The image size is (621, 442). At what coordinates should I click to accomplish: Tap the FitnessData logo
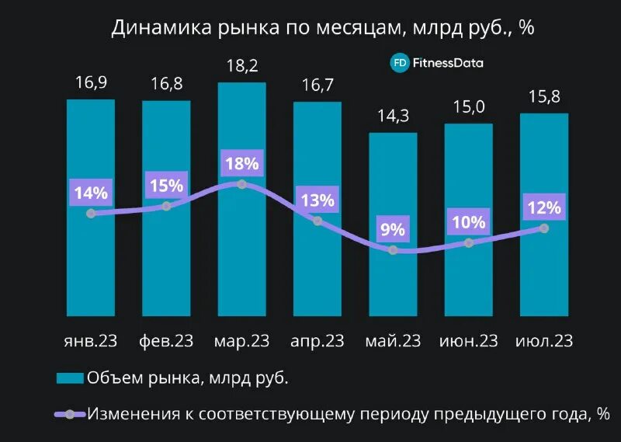click(x=436, y=63)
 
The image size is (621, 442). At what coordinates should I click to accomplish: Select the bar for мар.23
click(x=242, y=256)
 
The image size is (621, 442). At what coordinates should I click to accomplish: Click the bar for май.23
click(x=393, y=287)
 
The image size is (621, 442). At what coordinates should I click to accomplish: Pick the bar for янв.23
click(x=91, y=264)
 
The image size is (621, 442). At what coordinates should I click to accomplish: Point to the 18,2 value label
click(x=242, y=67)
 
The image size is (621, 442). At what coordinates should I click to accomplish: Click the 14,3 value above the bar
click(x=393, y=117)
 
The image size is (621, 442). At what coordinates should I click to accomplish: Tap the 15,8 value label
click(x=544, y=98)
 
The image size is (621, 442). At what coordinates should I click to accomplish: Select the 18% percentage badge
click(x=242, y=164)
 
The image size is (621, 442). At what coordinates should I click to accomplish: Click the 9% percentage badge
click(x=393, y=229)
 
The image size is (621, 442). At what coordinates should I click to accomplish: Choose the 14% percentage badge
click(x=91, y=193)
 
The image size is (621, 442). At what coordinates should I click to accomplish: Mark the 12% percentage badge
click(x=544, y=207)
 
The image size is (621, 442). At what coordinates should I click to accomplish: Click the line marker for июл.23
click(x=544, y=228)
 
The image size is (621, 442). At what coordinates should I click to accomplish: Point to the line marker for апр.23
click(x=317, y=221)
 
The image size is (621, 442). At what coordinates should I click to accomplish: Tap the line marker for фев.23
click(x=166, y=206)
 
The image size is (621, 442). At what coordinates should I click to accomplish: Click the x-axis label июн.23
click(x=468, y=341)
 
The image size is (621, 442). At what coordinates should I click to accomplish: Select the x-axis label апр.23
click(x=317, y=341)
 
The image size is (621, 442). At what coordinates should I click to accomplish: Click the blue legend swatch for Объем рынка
click(x=70, y=378)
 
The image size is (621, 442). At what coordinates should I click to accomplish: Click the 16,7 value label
click(x=317, y=85)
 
